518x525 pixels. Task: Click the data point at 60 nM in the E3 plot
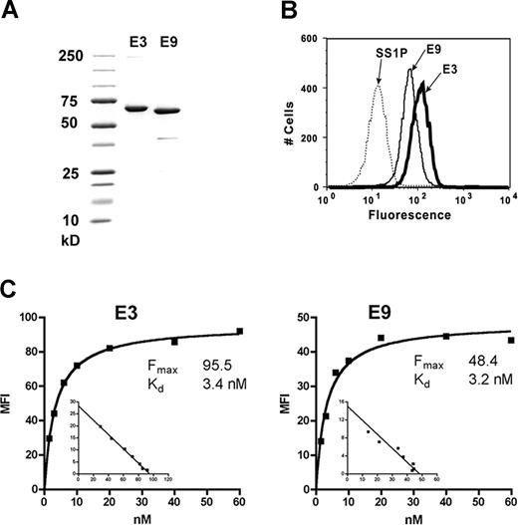[x=239, y=331]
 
